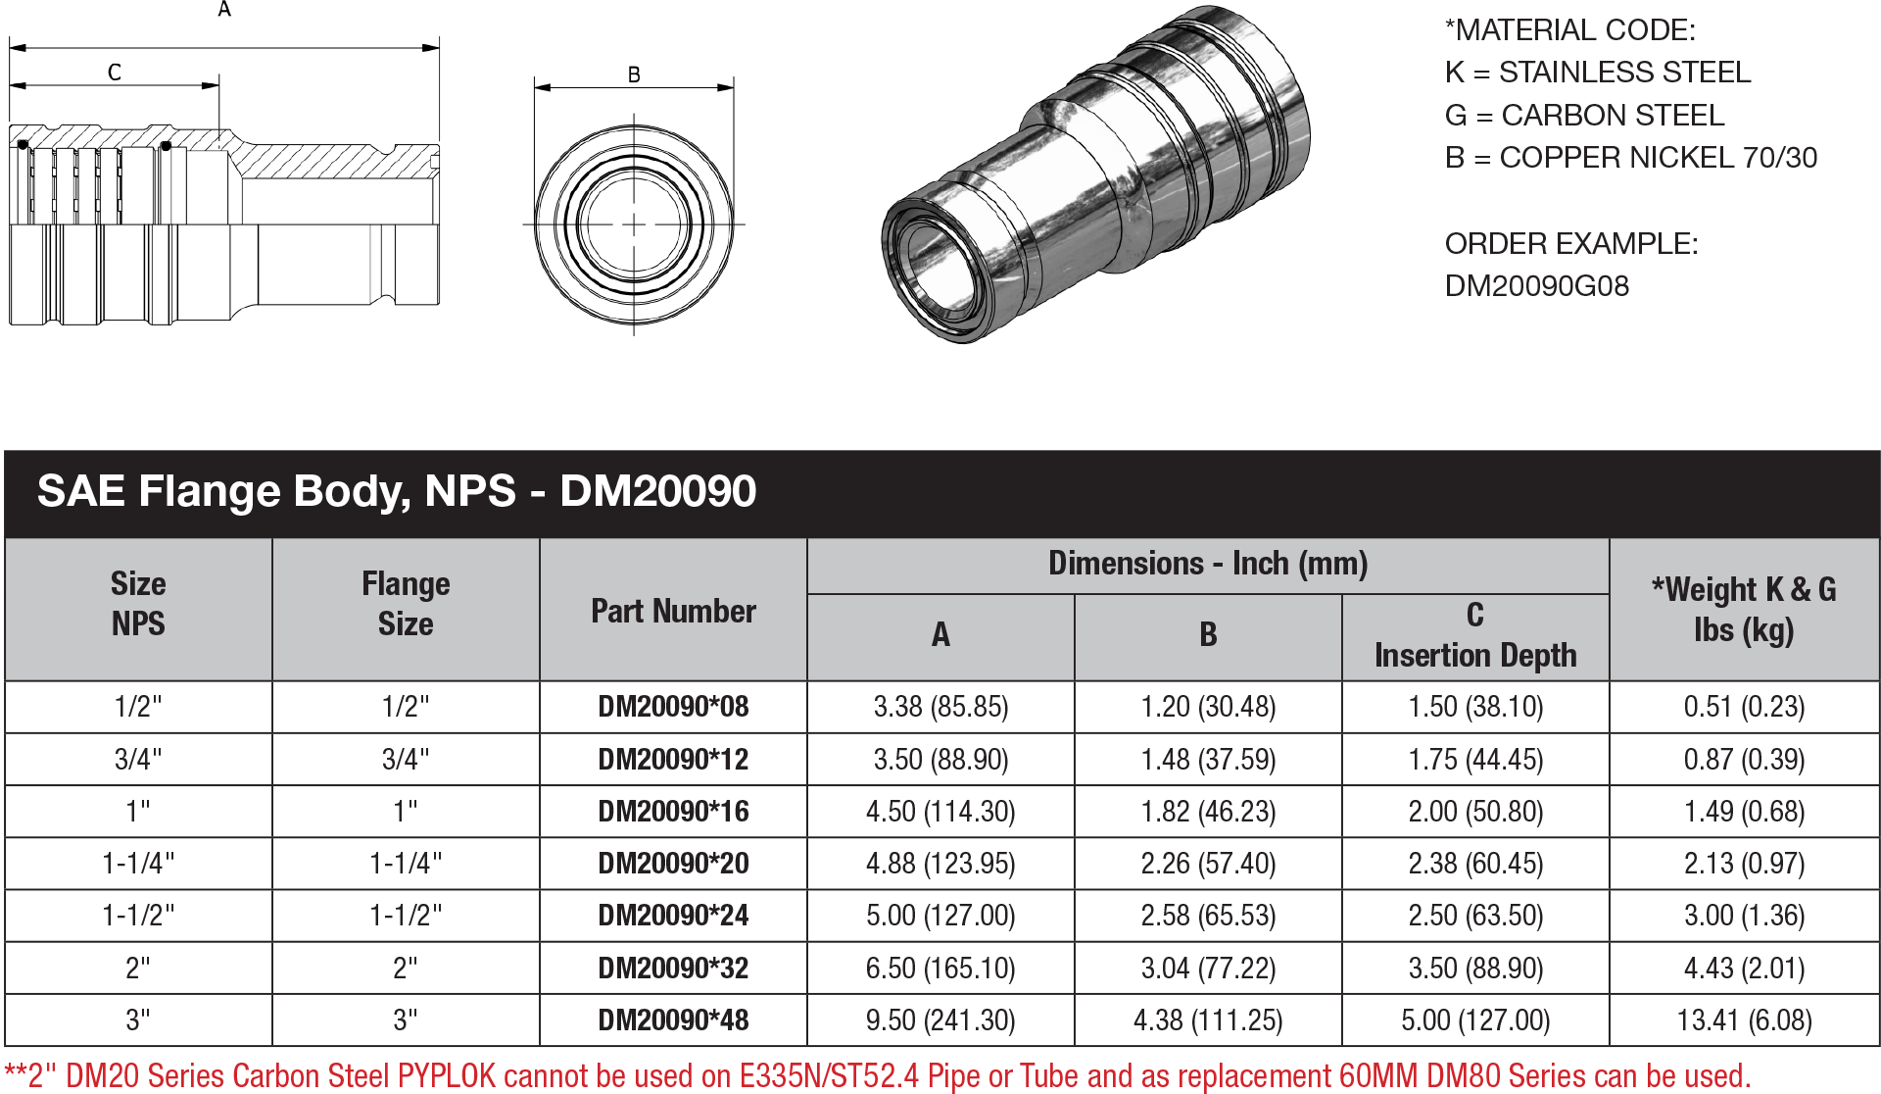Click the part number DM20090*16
tap(673, 812)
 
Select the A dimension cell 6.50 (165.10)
tap(940, 969)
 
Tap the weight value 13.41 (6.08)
tap(1744, 1020)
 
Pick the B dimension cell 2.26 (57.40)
tap(1208, 864)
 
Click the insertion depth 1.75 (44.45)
tap(1475, 760)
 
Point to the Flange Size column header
tap(406, 604)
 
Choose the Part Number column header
tap(673, 612)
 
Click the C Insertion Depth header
tap(1475, 635)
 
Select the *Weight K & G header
tap(1744, 609)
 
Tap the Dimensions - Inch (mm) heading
tap(1208, 564)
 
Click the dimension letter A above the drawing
tap(224, 11)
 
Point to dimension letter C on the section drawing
tap(115, 73)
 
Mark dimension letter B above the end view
tap(634, 75)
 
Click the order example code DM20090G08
tap(1536, 286)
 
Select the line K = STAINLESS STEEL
tap(1597, 73)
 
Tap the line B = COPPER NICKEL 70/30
tap(1630, 158)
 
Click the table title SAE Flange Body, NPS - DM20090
tap(396, 491)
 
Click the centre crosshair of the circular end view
tap(634, 224)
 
